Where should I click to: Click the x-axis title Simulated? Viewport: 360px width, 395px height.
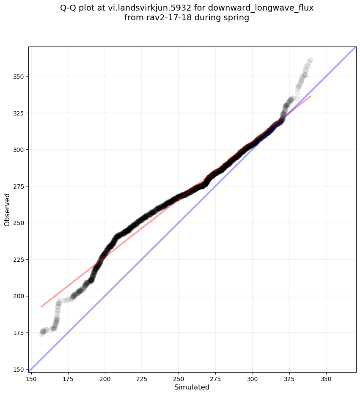[x=192, y=387]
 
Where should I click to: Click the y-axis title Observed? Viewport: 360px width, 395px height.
[x=7, y=209]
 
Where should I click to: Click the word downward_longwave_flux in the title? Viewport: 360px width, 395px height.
[x=261, y=8]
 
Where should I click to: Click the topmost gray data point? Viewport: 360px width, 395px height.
[x=310, y=60]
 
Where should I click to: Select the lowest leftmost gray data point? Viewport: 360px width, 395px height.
[x=42, y=334]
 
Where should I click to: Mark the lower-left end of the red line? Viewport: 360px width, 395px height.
[x=41, y=307]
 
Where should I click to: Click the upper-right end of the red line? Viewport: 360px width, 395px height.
[x=311, y=96]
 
